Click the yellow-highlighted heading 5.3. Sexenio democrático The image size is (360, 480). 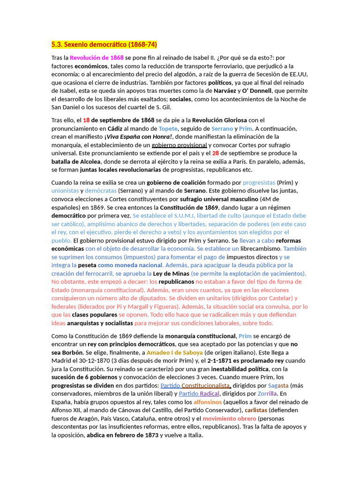[x=104, y=45]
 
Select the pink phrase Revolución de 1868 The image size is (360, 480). [x=97, y=58]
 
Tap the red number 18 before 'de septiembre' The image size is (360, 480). [x=86, y=120]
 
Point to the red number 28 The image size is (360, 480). [x=216, y=153]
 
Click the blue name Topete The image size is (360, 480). [x=168, y=128]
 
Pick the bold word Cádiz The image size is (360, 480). [x=115, y=128]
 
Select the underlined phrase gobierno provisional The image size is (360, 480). [x=179, y=145]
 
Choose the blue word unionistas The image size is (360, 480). [x=65, y=191]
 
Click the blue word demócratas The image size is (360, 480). [x=100, y=191]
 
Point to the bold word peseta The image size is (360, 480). [x=87, y=265]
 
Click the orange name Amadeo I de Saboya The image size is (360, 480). [x=174, y=352]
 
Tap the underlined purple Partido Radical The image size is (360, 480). [x=199, y=394]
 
